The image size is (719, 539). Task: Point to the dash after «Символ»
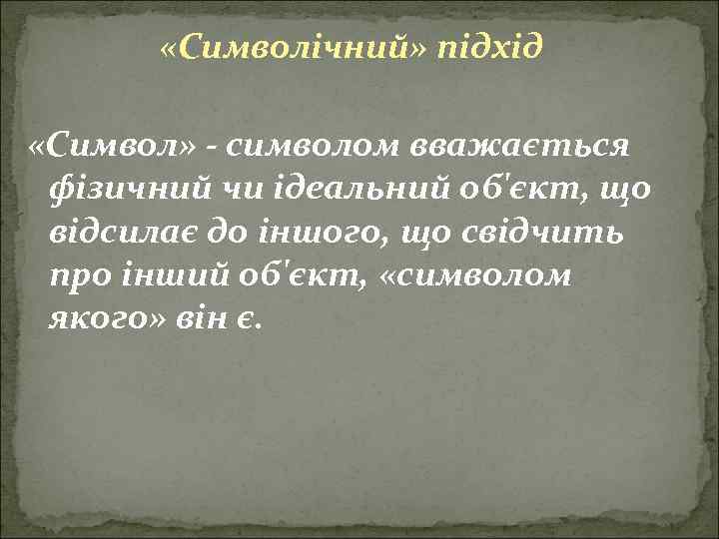click(x=215, y=148)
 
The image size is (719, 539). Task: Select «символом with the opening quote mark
click(x=476, y=277)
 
